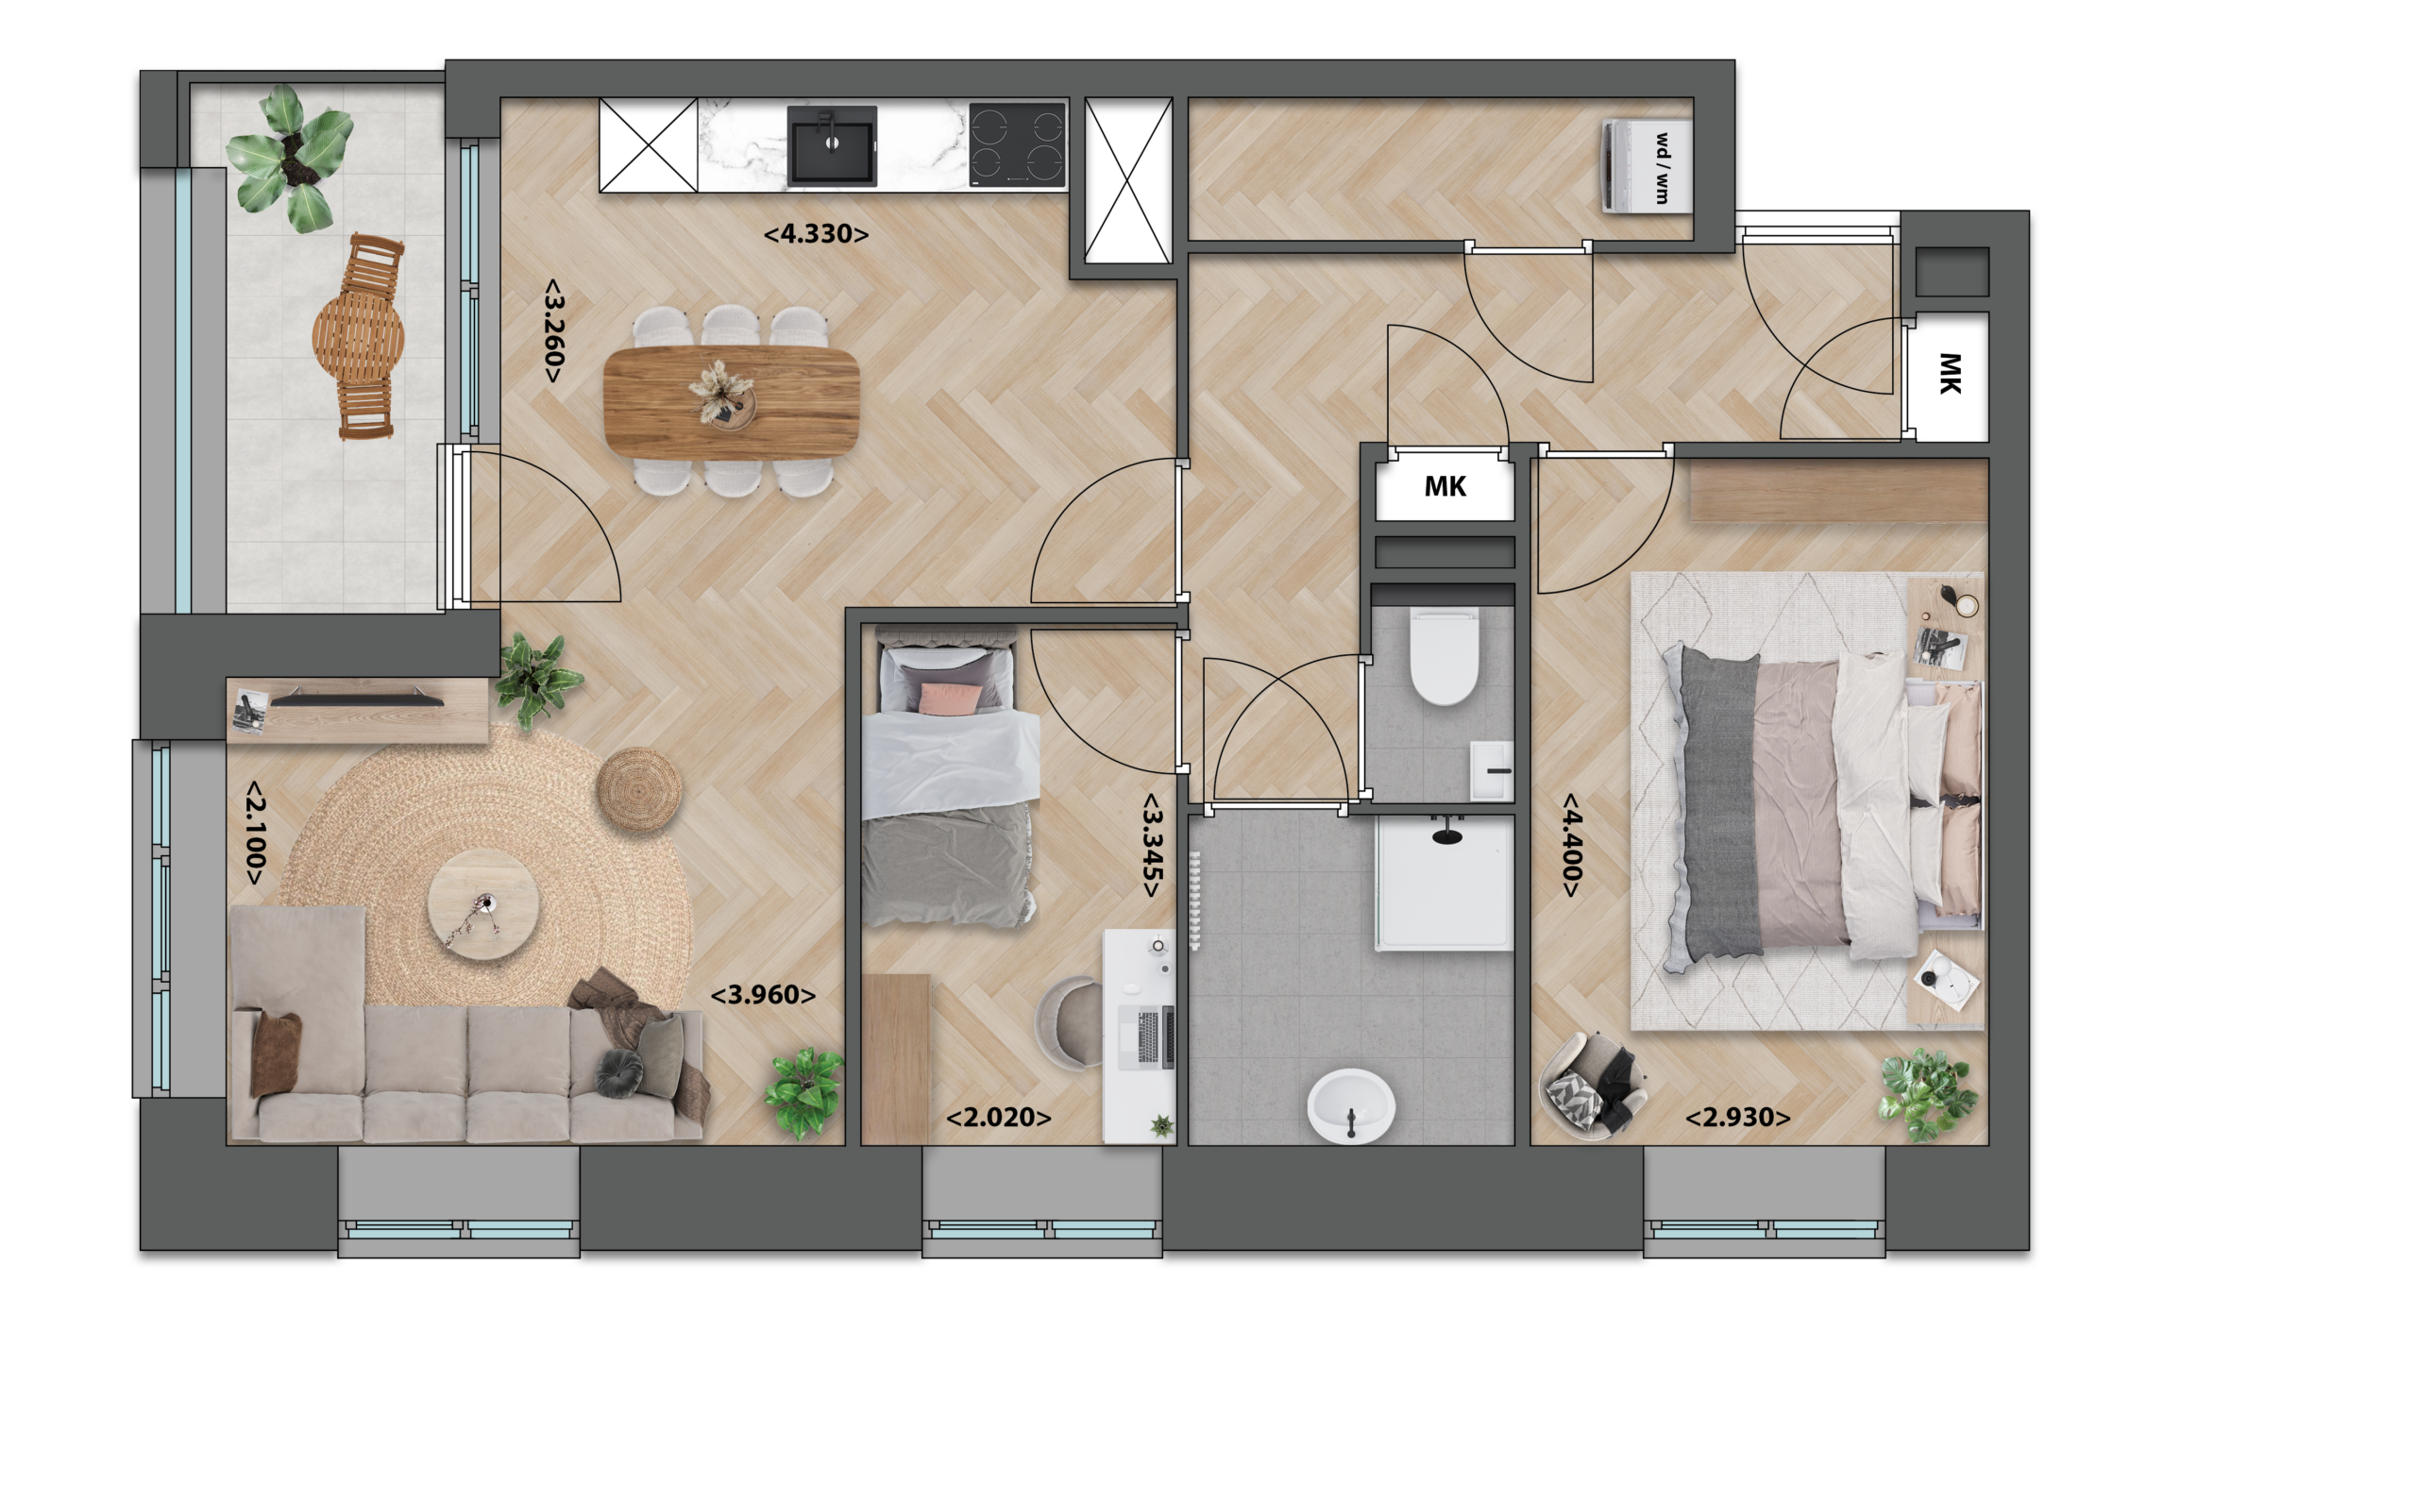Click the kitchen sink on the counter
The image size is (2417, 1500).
pyautogui.click(x=832, y=144)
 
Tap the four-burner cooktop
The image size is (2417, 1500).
pyautogui.click(x=1017, y=144)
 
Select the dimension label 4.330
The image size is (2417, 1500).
pyautogui.click(x=816, y=234)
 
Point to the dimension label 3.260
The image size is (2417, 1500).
pyautogui.click(x=552, y=330)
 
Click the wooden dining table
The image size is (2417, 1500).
pyautogui.click(x=732, y=402)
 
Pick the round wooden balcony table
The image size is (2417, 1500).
pyautogui.click(x=358, y=337)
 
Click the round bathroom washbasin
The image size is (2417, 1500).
pyautogui.click(x=1350, y=1105)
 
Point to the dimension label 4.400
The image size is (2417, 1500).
pyautogui.click(x=1572, y=844)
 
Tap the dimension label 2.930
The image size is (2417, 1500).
pyautogui.click(x=1738, y=1118)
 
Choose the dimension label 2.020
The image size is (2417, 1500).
pyautogui.click(x=998, y=1118)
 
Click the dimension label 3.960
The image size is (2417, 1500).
pyautogui.click(x=763, y=995)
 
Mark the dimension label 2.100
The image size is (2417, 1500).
pyautogui.click(x=255, y=833)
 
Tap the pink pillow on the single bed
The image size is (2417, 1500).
pyautogui.click(x=951, y=699)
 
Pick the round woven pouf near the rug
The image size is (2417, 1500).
pyautogui.click(x=639, y=790)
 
